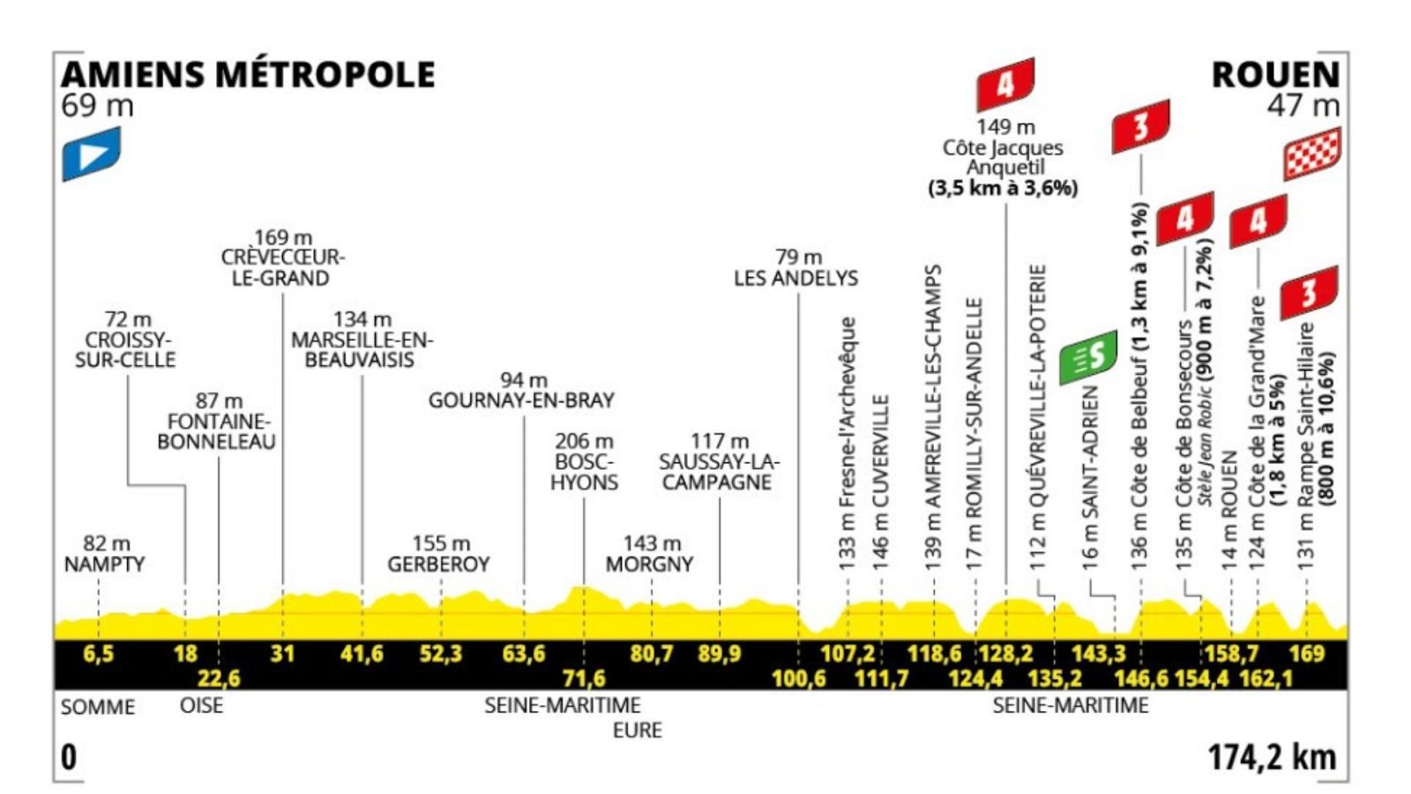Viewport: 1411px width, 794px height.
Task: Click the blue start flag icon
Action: [x=91, y=154]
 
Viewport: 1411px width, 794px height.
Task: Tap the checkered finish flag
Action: [x=1311, y=154]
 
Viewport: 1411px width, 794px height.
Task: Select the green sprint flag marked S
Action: [x=1088, y=357]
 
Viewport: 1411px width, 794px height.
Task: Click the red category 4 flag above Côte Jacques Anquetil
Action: [x=1004, y=85]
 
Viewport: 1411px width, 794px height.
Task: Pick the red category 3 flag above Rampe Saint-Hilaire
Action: [x=1309, y=293]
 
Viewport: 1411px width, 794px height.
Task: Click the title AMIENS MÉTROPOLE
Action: [x=248, y=74]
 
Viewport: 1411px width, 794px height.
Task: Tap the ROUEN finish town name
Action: [x=1275, y=75]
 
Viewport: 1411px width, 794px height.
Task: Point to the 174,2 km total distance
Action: [x=1272, y=757]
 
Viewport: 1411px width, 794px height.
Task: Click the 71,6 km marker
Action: [x=584, y=678]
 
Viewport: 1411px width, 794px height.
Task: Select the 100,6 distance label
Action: [x=798, y=678]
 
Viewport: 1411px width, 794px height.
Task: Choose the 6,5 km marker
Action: [x=98, y=654]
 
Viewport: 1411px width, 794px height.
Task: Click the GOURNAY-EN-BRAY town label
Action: [x=521, y=401]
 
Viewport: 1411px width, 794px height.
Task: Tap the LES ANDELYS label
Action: [x=795, y=278]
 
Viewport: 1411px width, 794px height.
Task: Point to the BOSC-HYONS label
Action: [x=584, y=472]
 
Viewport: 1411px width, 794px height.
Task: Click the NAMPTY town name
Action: [x=104, y=564]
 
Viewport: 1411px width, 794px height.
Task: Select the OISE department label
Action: [x=201, y=706]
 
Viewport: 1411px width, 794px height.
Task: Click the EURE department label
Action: [x=637, y=730]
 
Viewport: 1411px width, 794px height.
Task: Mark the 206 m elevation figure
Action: [x=584, y=441]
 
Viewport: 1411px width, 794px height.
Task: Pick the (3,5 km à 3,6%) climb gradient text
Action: [x=1003, y=188]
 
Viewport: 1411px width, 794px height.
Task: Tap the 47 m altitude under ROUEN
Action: [x=1303, y=106]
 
